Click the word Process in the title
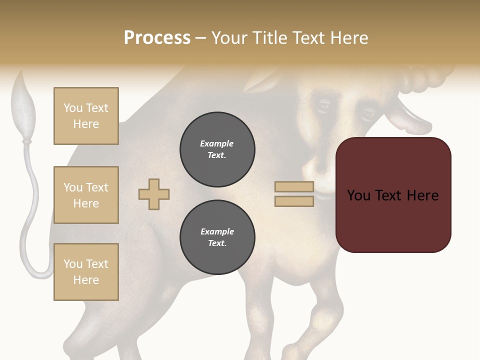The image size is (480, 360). pyautogui.click(x=157, y=38)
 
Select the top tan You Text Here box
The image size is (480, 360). pyautogui.click(x=86, y=116)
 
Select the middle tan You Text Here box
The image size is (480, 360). pyautogui.click(x=86, y=195)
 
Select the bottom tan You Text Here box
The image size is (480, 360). pyautogui.click(x=86, y=272)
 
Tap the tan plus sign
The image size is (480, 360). pyautogui.click(x=154, y=194)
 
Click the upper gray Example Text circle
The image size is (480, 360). pyautogui.click(x=217, y=149)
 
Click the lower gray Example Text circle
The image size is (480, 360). pyautogui.click(x=217, y=237)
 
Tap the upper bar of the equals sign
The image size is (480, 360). pyautogui.click(x=294, y=187)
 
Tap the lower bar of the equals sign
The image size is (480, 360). pyautogui.click(x=294, y=201)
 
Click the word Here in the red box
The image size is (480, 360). pyautogui.click(x=422, y=195)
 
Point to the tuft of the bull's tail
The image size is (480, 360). pyautogui.click(x=23, y=107)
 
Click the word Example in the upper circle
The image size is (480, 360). pyautogui.click(x=216, y=143)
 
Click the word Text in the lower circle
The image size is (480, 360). pyautogui.click(x=216, y=243)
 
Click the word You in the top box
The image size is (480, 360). pyautogui.click(x=73, y=108)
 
